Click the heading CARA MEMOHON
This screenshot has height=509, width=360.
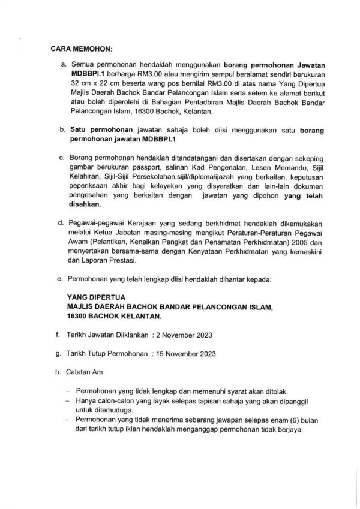79,48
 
